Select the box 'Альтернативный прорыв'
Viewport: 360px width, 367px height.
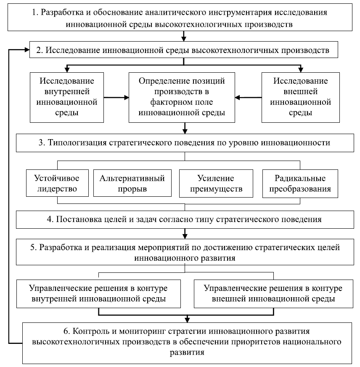coord(132,183)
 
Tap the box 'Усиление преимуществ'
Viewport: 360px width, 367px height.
coord(216,183)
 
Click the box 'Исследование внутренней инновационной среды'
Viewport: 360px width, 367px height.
coord(67,97)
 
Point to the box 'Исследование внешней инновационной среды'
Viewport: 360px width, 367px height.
coord(300,97)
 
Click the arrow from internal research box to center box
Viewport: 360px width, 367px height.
coord(116,98)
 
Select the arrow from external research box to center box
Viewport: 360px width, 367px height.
coord(248,98)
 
